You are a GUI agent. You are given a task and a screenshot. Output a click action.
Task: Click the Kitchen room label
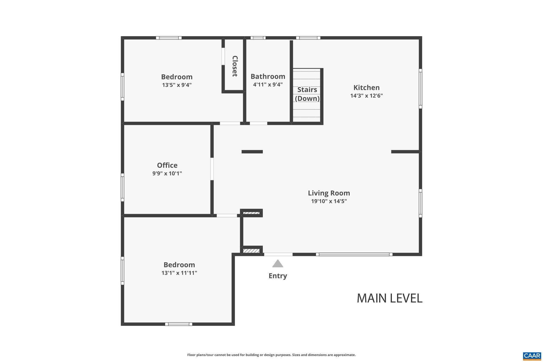click(366, 88)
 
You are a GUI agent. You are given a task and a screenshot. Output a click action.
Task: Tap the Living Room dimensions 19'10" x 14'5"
click(329, 201)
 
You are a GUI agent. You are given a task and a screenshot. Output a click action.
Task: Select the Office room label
click(167, 165)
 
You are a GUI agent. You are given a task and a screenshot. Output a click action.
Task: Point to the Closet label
click(235, 66)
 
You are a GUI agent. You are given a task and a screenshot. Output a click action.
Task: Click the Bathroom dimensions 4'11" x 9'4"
click(268, 85)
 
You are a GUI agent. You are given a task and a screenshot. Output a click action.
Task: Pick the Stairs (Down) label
click(307, 94)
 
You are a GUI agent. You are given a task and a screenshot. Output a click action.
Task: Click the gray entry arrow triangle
click(278, 264)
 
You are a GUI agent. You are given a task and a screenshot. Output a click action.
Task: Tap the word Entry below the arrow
click(278, 276)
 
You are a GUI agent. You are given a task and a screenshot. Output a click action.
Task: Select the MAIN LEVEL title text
click(389, 298)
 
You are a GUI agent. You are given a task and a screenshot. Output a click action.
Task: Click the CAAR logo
click(532, 356)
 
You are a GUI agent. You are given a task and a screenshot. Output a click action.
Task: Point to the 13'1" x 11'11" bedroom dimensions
click(179, 273)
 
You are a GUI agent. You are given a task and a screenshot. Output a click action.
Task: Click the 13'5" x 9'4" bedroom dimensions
click(177, 85)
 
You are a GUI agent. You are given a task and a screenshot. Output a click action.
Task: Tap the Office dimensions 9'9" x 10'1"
click(167, 173)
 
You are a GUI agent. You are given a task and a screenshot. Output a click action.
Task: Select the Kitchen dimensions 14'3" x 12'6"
click(366, 96)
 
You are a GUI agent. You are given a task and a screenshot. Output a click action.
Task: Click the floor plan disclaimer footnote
click(271, 355)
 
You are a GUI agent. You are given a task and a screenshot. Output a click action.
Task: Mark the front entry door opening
click(278, 255)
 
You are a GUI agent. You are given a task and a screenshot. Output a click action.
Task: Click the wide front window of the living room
click(354, 255)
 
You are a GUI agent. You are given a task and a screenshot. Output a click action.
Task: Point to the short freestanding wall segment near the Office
click(252, 152)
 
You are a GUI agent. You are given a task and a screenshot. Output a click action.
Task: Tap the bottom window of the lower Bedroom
click(178, 324)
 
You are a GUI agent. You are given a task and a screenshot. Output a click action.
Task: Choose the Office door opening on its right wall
click(212, 169)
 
